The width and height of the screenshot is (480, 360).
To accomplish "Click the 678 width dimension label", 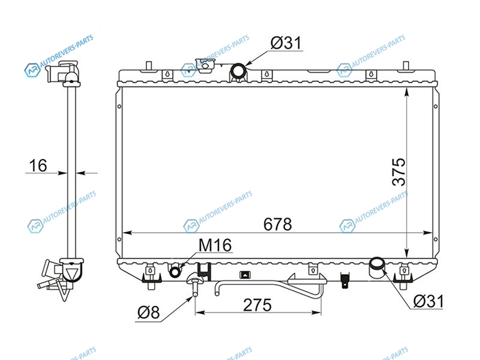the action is tap(278, 224).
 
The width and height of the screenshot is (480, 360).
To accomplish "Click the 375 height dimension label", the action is tap(399, 172).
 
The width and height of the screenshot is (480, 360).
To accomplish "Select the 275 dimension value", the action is tap(257, 305).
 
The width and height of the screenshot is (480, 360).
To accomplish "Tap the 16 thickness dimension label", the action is tap(38, 166).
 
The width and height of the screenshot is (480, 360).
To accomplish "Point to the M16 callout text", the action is tap(215, 245).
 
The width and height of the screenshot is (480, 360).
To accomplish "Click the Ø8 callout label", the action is tap(148, 313).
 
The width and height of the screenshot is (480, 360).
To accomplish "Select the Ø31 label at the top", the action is tap(286, 43).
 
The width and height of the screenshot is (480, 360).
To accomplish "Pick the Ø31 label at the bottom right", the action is tap(428, 301).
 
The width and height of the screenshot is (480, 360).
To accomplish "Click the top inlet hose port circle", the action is tap(238, 71).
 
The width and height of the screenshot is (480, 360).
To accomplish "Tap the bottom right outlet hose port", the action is tap(377, 263).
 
